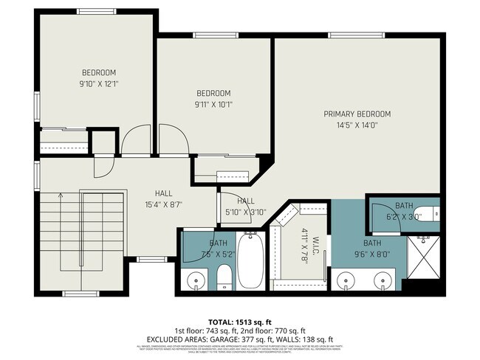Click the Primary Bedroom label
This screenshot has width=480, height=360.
point(357,114)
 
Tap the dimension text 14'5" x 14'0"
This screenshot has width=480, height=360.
point(357,125)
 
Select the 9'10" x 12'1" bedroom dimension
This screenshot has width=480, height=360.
point(99,83)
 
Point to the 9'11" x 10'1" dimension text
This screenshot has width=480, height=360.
point(213,104)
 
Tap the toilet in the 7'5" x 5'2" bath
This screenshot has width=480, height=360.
point(224,277)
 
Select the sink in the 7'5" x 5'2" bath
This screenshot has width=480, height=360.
point(196,280)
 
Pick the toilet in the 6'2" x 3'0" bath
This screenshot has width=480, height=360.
point(431,214)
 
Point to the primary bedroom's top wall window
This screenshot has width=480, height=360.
point(356,35)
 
